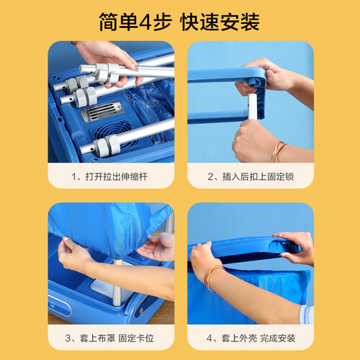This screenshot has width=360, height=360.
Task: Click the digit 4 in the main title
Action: (145, 22)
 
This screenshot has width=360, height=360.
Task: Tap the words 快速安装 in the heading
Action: (220, 22)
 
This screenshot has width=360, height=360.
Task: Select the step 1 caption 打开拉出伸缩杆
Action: (117, 176)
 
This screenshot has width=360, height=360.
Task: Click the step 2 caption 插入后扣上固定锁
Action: (258, 176)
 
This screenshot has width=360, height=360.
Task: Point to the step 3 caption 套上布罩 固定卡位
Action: (117, 338)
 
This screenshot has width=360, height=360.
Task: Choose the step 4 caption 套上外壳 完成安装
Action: (258, 338)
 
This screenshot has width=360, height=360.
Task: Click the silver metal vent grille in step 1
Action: (102, 112)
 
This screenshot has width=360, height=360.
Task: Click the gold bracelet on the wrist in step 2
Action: (278, 151)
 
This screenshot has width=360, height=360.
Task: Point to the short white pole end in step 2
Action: (252, 107)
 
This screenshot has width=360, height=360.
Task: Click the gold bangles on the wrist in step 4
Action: (212, 279)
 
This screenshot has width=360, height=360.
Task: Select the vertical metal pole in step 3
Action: (117, 282)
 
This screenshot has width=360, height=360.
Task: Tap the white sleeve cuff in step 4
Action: (307, 315)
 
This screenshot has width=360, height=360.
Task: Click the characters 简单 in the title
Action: (118, 22)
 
